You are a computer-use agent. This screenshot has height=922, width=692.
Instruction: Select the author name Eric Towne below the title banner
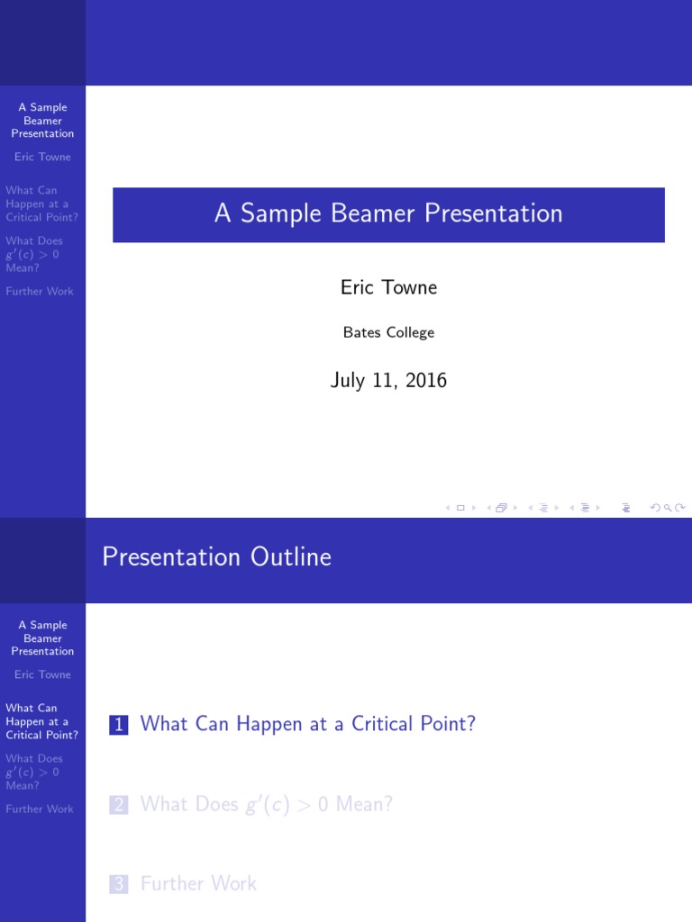tap(388, 287)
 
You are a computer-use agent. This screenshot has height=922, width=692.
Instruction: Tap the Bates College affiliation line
tap(388, 332)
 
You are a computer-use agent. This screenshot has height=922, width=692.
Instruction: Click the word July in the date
tap(347, 380)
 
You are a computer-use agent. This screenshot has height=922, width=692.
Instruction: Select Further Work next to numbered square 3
tap(198, 884)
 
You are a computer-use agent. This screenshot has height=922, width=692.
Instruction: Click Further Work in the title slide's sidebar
tap(40, 291)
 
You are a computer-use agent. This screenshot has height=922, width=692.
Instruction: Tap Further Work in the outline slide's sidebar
tap(40, 809)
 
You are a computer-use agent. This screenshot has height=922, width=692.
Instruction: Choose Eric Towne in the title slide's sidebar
tap(42, 157)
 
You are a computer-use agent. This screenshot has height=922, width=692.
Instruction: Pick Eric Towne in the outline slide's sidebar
tap(42, 674)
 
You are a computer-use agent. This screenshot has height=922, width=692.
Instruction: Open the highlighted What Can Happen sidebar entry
tap(41, 721)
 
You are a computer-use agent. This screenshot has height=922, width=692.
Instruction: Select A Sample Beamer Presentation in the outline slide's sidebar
tap(42, 637)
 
